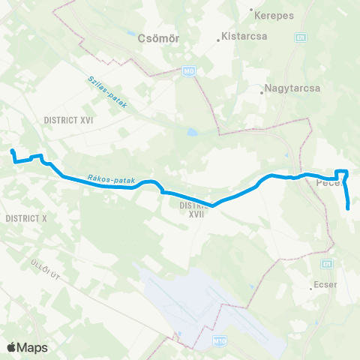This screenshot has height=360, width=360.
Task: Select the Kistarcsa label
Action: click(241, 35)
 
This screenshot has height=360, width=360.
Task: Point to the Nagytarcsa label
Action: click(293, 88)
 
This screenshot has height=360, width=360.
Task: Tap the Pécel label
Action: click(329, 182)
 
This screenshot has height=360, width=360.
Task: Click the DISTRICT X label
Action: click(25, 217)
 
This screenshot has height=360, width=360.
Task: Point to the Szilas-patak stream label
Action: click(106, 92)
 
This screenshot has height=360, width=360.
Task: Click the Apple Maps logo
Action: click(27, 347)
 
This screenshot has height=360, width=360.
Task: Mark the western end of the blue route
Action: click(12, 152)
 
